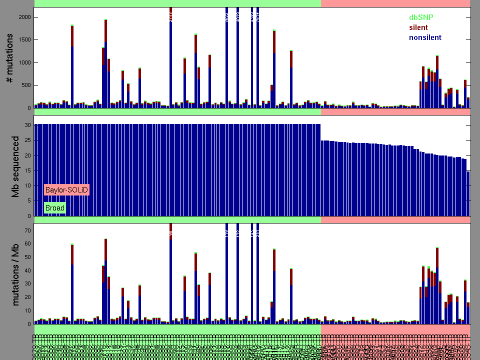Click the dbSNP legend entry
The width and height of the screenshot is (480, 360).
pyautogui.click(x=421, y=17)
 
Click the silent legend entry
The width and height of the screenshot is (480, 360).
pyautogui.click(x=418, y=27)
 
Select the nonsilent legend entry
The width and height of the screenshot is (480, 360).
pyautogui.click(x=425, y=37)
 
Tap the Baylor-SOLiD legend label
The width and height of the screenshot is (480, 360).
pyautogui.click(x=66, y=190)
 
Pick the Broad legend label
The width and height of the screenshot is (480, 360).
pyautogui.click(x=54, y=207)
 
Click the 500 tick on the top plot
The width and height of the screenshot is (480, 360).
pyautogui.click(x=26, y=85)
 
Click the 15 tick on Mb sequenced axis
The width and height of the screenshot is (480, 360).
pyautogui.click(x=28, y=170)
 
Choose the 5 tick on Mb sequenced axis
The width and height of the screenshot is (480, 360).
pyautogui.click(x=29, y=201)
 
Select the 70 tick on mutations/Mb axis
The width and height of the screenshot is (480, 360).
pyautogui.click(x=28, y=230)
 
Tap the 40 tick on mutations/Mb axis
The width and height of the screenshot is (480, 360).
pyautogui.click(x=28, y=270)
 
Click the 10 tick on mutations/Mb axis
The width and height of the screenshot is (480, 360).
pyautogui.click(x=28, y=310)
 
